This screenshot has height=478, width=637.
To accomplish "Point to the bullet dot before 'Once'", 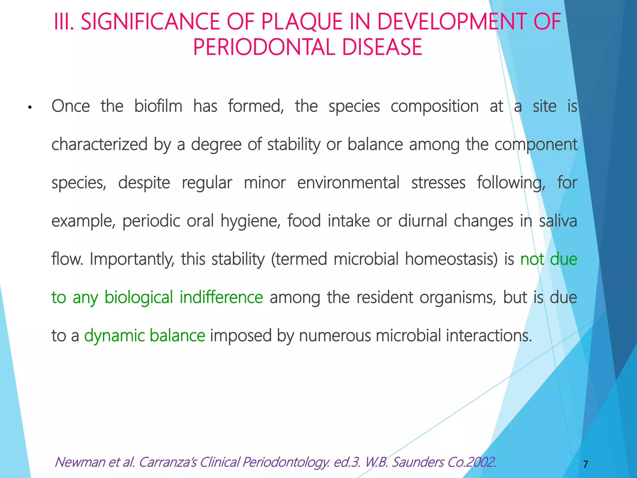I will click(30, 108).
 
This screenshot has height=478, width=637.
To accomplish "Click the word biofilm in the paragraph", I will click(158, 106).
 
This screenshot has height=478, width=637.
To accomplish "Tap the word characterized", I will click(99, 144).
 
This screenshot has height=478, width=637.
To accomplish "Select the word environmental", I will click(348, 183).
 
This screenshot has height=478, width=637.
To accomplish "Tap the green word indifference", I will click(221, 297).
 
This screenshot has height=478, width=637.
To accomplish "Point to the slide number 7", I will click(585, 464).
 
